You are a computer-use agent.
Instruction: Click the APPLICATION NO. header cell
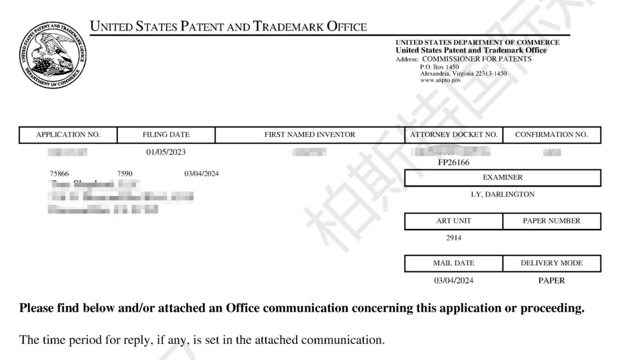(68, 135)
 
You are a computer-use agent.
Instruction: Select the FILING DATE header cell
(166, 135)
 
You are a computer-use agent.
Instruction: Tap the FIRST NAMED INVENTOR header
(309, 135)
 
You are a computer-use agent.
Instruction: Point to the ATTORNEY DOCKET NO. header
(453, 135)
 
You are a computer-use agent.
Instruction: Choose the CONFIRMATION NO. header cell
(551, 135)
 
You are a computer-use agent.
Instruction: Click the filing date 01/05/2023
(166, 152)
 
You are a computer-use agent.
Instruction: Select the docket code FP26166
(453, 163)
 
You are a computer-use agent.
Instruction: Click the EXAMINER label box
(503, 178)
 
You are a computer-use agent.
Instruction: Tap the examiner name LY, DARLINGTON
(503, 194)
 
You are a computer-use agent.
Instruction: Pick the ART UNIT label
(453, 221)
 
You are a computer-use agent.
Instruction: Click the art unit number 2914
(453, 238)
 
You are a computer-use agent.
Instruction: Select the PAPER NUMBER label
(551, 221)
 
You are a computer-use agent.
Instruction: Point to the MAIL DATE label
(453, 263)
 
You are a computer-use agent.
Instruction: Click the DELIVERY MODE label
(551, 263)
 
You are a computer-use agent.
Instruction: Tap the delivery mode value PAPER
(551, 281)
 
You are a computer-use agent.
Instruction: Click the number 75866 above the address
(60, 174)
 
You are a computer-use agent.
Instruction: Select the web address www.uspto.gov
(440, 81)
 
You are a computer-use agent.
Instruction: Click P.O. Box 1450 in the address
(439, 67)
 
